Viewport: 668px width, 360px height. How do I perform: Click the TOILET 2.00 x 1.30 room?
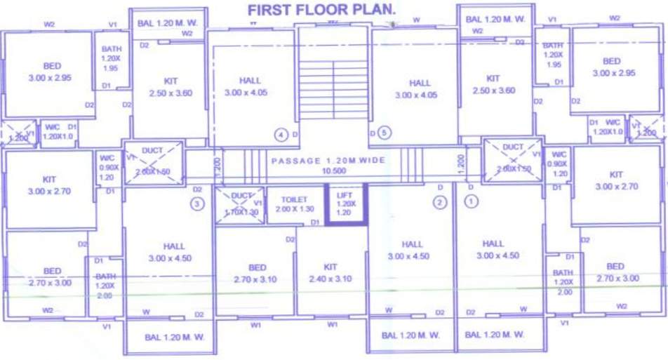pos(295,204)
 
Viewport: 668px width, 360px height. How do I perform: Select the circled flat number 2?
pos(440,203)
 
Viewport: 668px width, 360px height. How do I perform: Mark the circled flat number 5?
pos(383,132)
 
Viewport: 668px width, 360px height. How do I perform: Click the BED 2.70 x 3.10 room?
pos(257,273)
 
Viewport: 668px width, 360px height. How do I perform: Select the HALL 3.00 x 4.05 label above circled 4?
pos(249,86)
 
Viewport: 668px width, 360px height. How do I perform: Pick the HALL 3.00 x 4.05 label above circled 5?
pos(420,88)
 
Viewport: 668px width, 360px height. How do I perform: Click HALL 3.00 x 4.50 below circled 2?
pos(412,250)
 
